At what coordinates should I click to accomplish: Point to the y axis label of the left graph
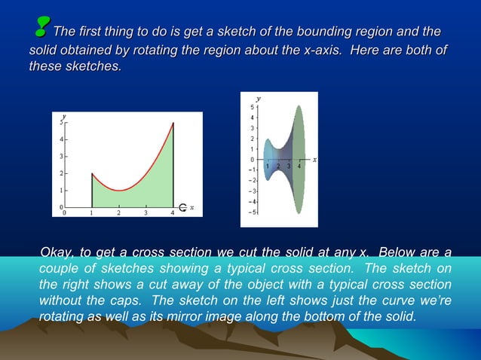click(x=64, y=117)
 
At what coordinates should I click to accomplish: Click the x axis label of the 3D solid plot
click(x=314, y=160)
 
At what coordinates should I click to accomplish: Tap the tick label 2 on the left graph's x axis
click(x=118, y=213)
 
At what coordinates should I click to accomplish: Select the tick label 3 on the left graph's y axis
click(x=61, y=156)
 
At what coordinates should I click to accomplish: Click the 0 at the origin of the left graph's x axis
click(x=64, y=213)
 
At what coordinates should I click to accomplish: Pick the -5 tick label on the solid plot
click(x=253, y=212)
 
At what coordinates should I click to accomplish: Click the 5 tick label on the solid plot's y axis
click(x=254, y=108)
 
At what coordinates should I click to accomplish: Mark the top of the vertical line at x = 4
click(x=173, y=123)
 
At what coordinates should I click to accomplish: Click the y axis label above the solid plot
click(x=259, y=98)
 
